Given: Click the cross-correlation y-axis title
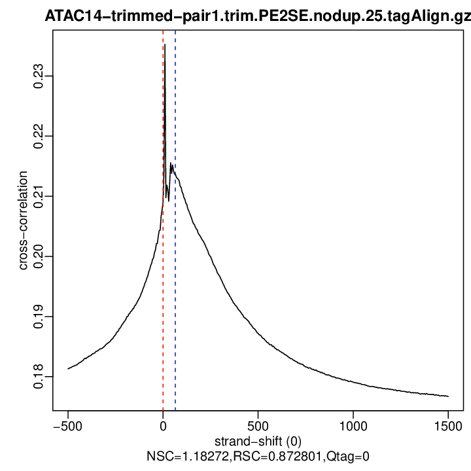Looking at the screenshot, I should click(24, 220).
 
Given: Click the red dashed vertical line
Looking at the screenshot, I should click(163, 294).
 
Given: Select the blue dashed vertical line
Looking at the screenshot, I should click(175, 294).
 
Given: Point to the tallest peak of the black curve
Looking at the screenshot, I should click(165, 44).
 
